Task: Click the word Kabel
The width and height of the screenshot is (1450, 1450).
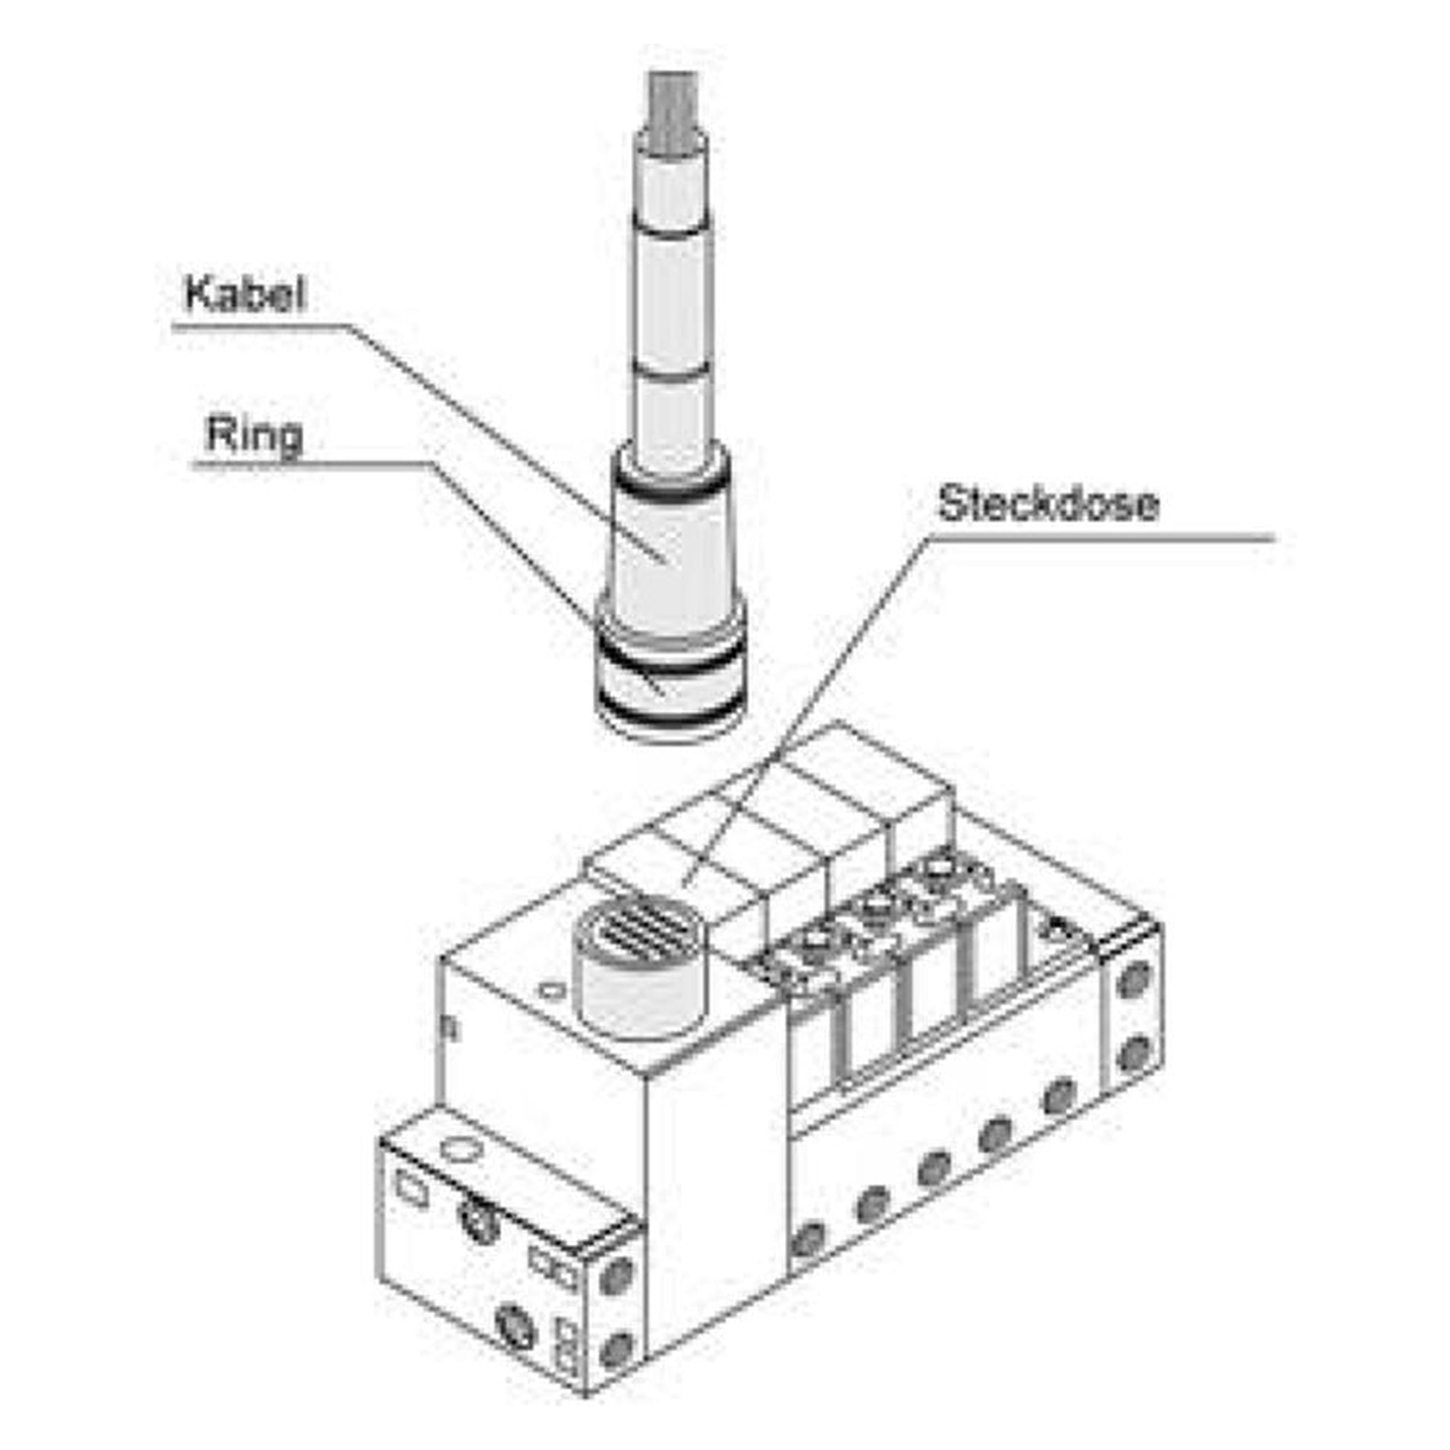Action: pyautogui.click(x=246, y=294)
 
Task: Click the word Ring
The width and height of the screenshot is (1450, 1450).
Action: pyautogui.click(x=254, y=435)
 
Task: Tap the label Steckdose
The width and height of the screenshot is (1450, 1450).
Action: pyautogui.click(x=1048, y=503)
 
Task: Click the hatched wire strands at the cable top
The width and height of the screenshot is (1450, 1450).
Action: pyautogui.click(x=674, y=104)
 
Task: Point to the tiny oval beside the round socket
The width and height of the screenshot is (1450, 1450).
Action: pyautogui.click(x=552, y=991)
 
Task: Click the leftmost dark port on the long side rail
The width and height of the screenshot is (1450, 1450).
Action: pyautogui.click(x=809, y=1239)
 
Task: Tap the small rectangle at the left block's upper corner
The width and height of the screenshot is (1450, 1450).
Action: pyautogui.click(x=411, y=1190)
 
